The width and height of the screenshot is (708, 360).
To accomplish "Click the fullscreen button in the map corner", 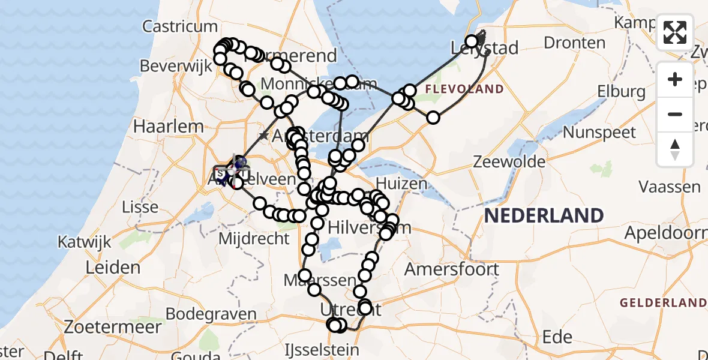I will coord(675,32).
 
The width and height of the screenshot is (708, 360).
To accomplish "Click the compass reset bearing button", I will coord(675,149).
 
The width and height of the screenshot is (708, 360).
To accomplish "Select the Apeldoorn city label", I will coord(665,232).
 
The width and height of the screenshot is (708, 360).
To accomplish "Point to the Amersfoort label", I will coord(451,269).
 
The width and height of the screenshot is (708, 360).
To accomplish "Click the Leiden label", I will coord(113,268).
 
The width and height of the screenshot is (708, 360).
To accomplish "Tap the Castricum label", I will coord(180,26).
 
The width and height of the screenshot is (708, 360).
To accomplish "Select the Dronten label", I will coord(575,43).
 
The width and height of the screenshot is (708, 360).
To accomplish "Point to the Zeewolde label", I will coord(509,161).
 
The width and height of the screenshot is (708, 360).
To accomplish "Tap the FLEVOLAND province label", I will coord(464,89).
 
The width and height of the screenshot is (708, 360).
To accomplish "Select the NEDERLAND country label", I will coord(544,216).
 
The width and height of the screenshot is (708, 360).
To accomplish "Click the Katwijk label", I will coord(85,242).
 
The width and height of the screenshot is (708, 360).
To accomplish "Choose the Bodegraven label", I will coord(205,314).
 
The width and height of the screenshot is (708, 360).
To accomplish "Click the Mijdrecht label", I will coord(254,238).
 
